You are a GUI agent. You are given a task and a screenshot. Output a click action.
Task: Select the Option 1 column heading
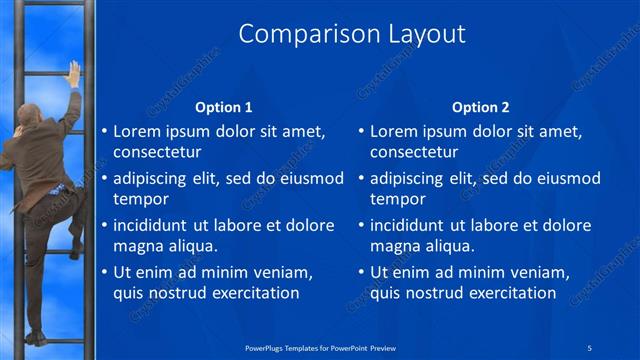coord(223,107)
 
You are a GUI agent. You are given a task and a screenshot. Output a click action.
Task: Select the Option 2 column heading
coord(480,107)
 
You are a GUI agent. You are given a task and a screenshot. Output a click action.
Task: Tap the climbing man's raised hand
coord(73,73)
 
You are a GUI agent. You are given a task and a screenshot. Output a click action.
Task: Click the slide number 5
coord(590,347)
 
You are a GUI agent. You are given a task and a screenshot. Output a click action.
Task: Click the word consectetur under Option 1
coord(157,153)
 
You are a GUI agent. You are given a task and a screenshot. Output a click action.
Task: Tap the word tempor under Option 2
coord(398,199)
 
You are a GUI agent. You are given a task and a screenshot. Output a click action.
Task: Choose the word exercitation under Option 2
coord(506,293)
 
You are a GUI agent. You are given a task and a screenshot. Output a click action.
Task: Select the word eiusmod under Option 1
coord(311,178)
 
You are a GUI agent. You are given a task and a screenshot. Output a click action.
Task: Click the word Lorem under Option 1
coord(137,131)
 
